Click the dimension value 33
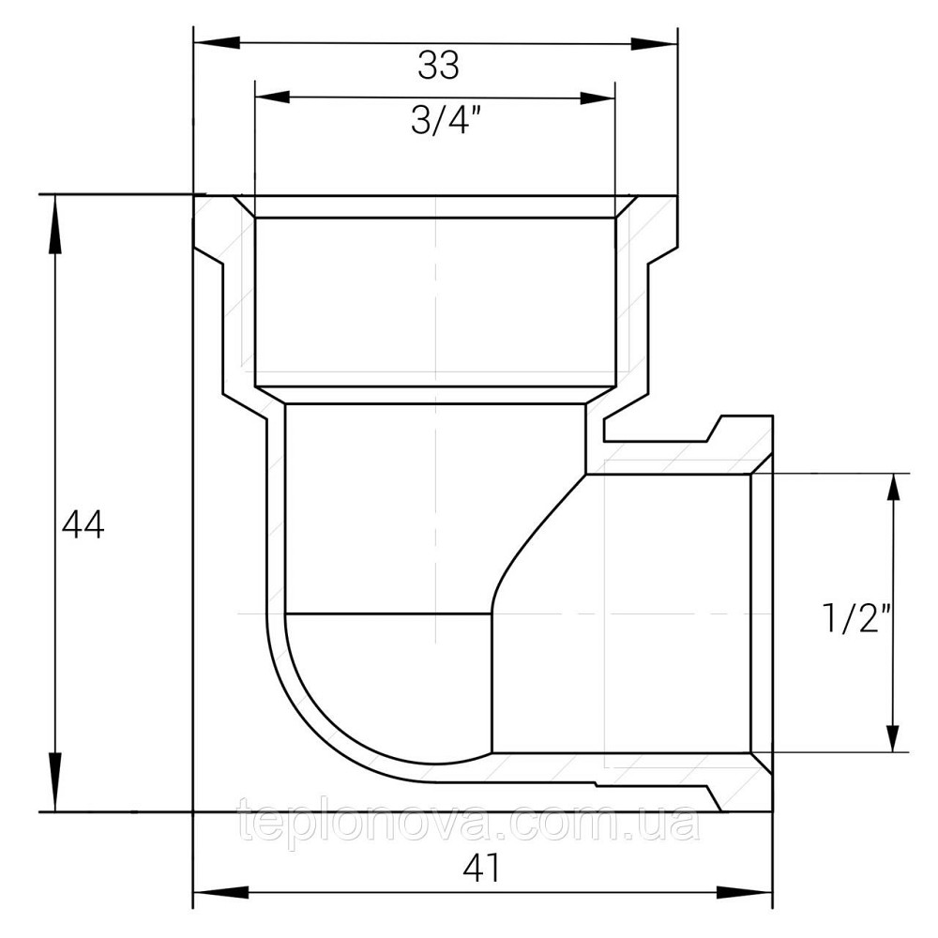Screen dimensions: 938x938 (438, 66)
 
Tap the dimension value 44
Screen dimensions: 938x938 (83, 524)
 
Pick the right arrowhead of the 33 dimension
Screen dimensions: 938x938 (654, 43)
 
